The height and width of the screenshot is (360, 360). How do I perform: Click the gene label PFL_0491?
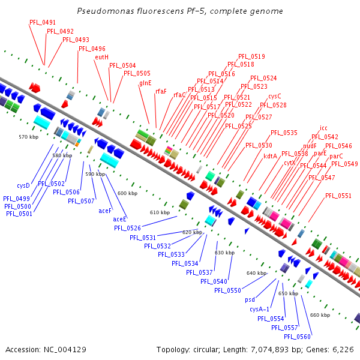[43, 23]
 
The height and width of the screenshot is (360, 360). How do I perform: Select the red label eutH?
[102, 57]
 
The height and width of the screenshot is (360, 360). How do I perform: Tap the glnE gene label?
[145, 83]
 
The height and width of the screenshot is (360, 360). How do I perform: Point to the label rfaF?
[161, 91]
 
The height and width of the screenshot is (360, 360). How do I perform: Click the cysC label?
[275, 96]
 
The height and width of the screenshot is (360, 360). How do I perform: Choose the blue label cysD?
[23, 185]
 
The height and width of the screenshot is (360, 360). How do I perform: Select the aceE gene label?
[119, 219]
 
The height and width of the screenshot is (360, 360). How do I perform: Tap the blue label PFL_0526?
[127, 228]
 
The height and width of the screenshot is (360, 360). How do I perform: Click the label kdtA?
[270, 156]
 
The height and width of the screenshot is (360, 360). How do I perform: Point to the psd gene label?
[250, 300]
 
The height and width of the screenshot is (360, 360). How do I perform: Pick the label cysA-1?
[259, 309]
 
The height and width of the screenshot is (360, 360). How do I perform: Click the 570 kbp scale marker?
[29, 137]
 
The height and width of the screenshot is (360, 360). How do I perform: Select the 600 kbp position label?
[127, 193]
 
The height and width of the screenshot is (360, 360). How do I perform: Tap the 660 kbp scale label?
[320, 315]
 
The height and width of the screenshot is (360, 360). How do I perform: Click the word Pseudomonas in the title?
[106, 11]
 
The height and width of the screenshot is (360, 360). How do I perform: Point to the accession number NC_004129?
[65, 350]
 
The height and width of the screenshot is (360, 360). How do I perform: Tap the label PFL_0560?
[298, 337]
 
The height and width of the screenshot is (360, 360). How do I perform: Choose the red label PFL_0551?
[338, 196]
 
